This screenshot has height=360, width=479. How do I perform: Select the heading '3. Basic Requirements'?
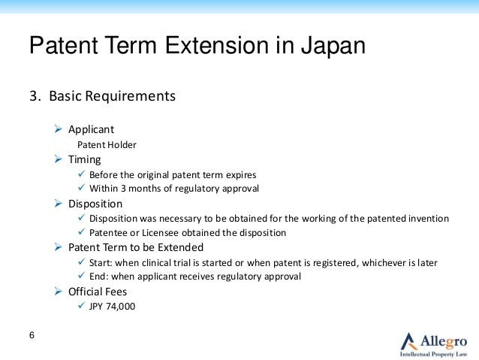click(x=102, y=96)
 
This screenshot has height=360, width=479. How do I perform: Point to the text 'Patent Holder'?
click(x=107, y=144)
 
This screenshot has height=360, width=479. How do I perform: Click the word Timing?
click(x=85, y=159)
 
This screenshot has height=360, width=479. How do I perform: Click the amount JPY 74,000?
click(x=113, y=306)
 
